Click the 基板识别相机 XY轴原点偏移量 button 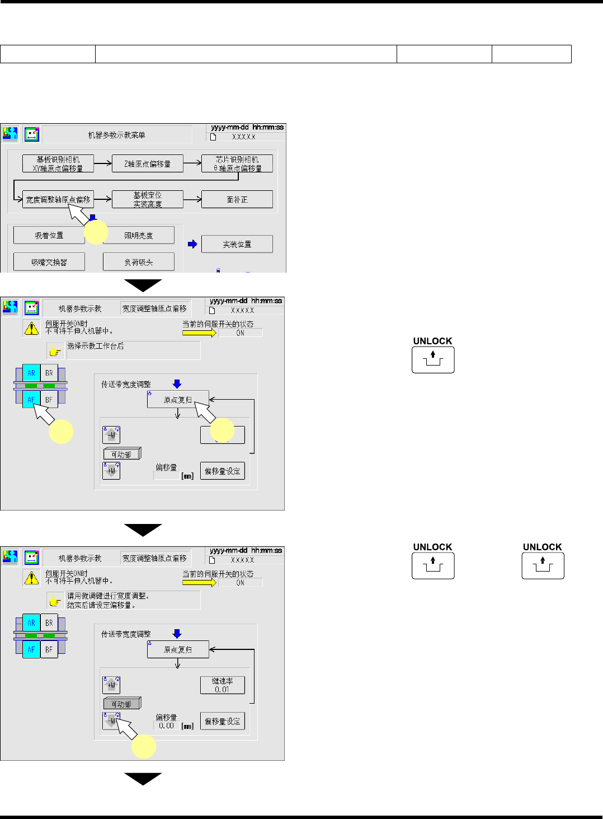click(58, 163)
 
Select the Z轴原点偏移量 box click(148, 163)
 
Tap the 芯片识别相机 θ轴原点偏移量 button click(237, 163)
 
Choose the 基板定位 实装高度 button click(148, 199)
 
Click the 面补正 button click(237, 199)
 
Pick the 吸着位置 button click(49, 235)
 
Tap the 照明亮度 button click(139, 235)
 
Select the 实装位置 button click(237, 244)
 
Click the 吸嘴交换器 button click(49, 262)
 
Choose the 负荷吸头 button click(139, 262)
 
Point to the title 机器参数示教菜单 click(117, 135)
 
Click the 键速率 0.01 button click(222, 685)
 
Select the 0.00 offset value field click(166, 726)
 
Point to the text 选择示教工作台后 click(96, 346)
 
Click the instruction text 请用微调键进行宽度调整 click(108, 596)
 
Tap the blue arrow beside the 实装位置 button click(192, 244)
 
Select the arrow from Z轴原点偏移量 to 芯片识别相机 click(192, 163)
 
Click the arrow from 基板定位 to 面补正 click(192, 199)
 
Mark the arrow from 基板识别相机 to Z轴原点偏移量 click(103, 163)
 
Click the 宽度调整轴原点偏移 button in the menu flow click(58, 199)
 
